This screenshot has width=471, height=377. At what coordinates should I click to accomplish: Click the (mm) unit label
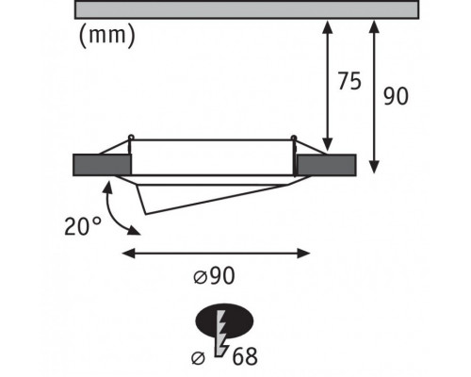107,36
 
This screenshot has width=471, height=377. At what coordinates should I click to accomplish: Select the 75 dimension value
349,81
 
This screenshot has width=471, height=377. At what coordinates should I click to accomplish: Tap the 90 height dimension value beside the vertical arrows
396,96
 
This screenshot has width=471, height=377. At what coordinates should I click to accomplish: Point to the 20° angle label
83,226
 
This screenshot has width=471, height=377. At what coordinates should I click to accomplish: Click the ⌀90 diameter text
214,276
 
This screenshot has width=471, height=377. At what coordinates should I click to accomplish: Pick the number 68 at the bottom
245,356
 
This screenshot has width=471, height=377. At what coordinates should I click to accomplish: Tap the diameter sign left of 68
199,358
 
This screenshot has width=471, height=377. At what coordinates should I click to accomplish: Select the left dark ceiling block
102,165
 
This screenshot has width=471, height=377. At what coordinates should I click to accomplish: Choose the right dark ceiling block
327,165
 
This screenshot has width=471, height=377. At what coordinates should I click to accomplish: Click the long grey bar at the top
247,9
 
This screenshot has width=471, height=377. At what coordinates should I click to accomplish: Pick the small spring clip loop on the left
131,138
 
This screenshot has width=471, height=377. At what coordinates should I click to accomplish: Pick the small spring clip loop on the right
294,138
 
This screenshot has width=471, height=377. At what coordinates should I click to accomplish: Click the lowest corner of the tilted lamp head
146,214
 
